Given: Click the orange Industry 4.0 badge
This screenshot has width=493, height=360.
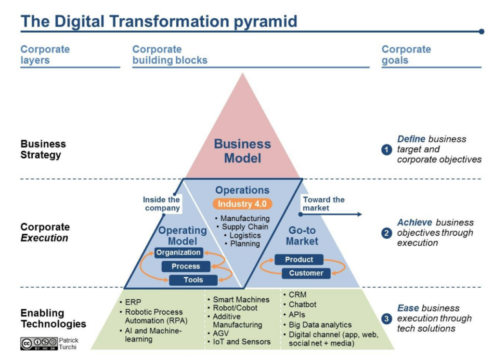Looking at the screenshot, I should tap(242, 204).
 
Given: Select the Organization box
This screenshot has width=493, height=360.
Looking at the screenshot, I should tap(179, 253).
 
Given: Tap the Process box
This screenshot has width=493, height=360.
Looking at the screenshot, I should tap(186, 266).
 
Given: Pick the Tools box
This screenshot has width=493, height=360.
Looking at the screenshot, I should tap(193, 280).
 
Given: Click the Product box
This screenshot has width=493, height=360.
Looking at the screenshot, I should tap(299, 259).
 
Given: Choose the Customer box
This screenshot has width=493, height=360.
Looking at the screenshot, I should tap(306, 273).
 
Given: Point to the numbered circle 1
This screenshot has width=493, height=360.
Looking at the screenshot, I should tap(387, 150).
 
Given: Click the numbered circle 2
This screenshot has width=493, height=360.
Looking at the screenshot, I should tap(387, 233).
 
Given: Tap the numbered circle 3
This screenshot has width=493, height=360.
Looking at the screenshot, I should tap(387, 318).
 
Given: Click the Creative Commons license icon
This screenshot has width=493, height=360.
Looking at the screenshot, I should tap(39, 343).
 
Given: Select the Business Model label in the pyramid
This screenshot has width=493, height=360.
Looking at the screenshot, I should tap(243, 151).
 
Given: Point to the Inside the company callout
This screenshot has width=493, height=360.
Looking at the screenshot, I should tap(161, 204).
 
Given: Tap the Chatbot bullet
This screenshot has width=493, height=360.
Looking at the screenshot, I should tap(302, 305).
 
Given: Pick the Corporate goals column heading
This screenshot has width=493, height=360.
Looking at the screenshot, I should tap(406, 54).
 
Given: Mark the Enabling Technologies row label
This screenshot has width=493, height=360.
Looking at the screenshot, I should tap(53, 318).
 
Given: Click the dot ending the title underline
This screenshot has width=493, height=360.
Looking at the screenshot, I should tap(481, 32).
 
